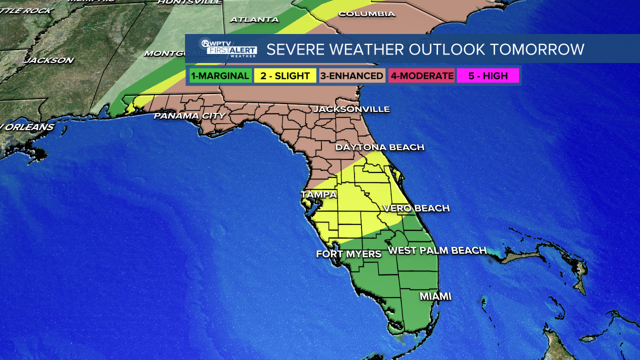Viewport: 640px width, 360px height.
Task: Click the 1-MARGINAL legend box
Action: pos(220,76)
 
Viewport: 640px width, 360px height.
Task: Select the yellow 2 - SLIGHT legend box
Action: pos(285,76)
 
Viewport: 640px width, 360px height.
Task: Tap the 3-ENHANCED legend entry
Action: pos(352,76)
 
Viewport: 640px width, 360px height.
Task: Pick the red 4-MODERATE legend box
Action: pos(421,76)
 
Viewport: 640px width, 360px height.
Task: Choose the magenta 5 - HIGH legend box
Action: pos(487,76)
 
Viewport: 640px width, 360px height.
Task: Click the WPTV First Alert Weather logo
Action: pos(228,48)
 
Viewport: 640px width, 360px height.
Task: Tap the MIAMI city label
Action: pos(435,296)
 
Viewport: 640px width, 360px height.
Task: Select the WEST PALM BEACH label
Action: pos(437,250)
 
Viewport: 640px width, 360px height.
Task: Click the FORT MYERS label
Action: pos(348,254)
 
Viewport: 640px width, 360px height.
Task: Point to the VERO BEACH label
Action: pos(415,208)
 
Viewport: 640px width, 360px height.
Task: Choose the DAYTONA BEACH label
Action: pos(379,147)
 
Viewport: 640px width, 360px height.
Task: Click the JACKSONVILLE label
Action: pos(351,109)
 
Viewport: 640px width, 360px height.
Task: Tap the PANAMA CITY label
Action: pos(189,116)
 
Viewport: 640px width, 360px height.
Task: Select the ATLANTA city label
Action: pos(254,19)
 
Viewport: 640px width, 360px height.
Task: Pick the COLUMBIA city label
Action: pos(366,14)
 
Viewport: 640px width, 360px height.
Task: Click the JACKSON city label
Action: pos(49,60)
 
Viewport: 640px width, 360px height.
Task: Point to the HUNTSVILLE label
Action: pos(189,2)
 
